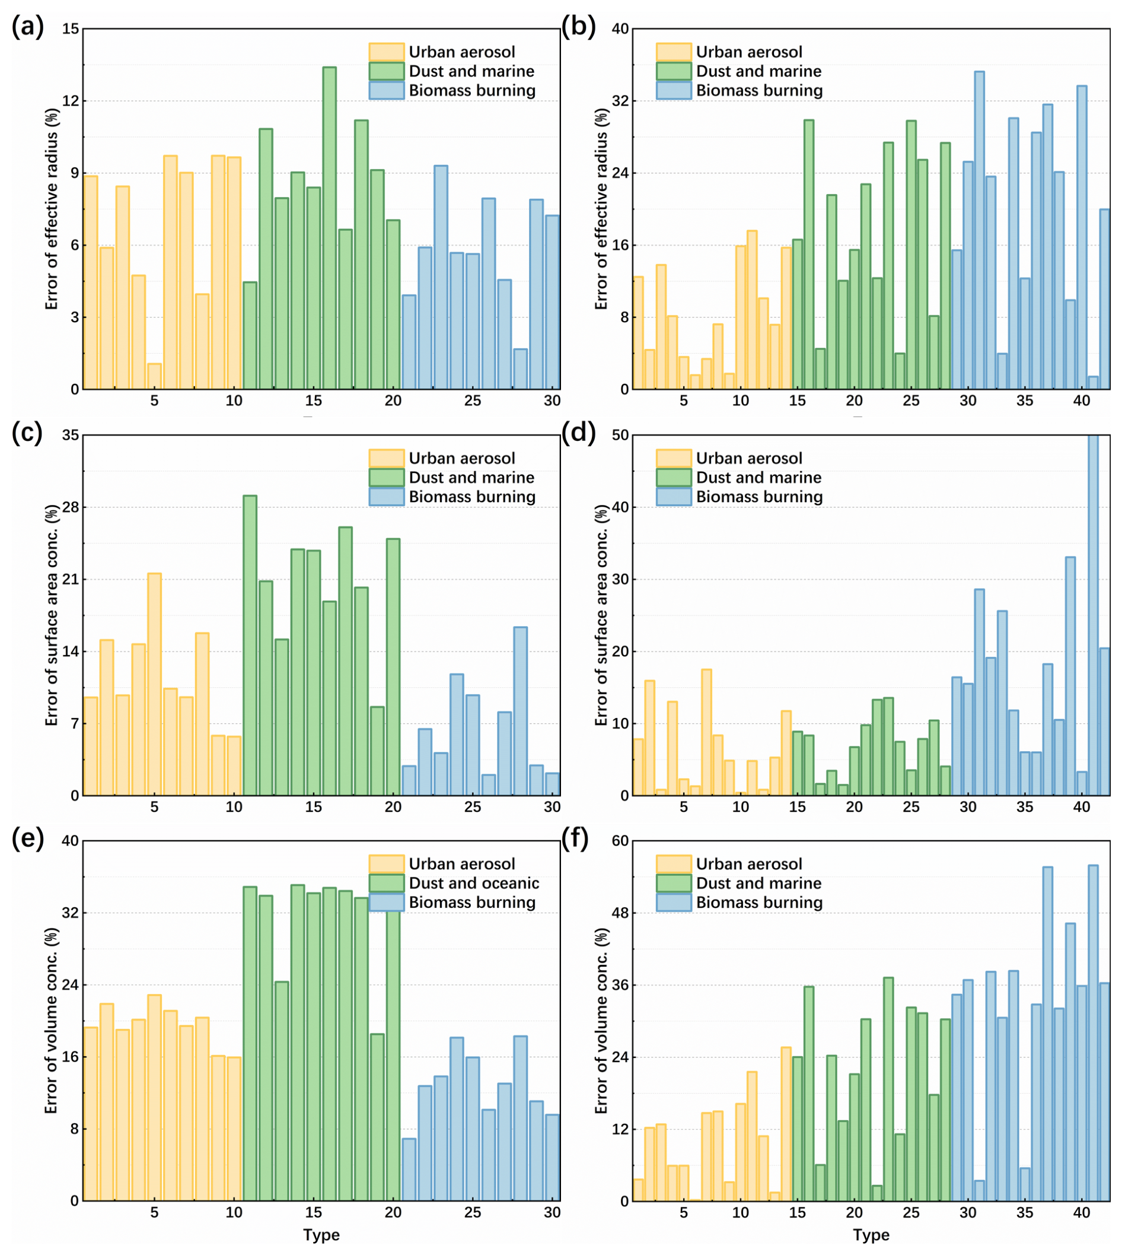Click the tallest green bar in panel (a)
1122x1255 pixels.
[329, 228]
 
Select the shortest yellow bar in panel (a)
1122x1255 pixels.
[154, 376]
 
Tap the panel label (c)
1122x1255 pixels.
[27, 433]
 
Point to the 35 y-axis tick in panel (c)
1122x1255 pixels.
[71, 436]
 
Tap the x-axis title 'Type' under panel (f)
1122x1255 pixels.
[871, 1235]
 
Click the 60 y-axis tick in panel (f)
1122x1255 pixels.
[620, 841]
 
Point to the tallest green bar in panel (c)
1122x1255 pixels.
[250, 645]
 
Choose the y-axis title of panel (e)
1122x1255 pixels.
[50, 1021]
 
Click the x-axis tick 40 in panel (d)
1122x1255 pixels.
[1081, 806]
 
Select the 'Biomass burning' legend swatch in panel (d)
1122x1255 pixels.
[673, 497]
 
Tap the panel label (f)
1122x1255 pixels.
[575, 838]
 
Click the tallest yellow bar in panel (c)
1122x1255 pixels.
[154, 685]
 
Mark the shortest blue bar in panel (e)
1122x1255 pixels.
[409, 1170]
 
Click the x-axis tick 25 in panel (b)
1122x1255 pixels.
[910, 401]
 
